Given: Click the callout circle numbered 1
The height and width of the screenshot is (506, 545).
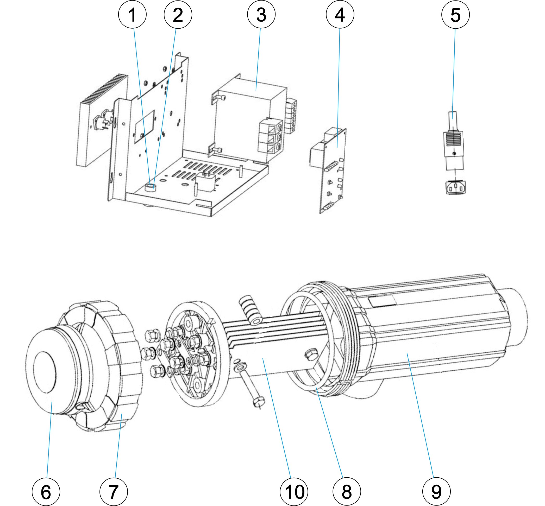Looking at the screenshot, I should pos(132,15).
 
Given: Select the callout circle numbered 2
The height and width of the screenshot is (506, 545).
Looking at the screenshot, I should pos(178,15).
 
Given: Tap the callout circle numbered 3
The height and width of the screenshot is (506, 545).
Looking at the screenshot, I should pos(261,15).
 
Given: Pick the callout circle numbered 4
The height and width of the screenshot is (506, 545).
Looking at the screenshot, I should pos(340,15).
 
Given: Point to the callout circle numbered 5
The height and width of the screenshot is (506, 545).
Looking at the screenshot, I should pos(455,15).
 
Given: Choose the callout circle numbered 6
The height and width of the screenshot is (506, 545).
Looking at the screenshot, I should pos(46,491).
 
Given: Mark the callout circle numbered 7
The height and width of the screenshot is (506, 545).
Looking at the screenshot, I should pos(113,491).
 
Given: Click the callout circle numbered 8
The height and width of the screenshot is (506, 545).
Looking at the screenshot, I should pos(346,491).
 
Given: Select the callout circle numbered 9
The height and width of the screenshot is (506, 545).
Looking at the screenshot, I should pos(436,491).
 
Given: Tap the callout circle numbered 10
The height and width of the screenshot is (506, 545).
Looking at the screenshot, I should pos(293,491).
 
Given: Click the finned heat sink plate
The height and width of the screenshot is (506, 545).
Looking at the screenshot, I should pos(102,121).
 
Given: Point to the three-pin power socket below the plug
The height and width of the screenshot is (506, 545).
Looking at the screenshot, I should pos(455,188).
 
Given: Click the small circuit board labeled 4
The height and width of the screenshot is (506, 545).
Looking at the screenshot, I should pos(333,170).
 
